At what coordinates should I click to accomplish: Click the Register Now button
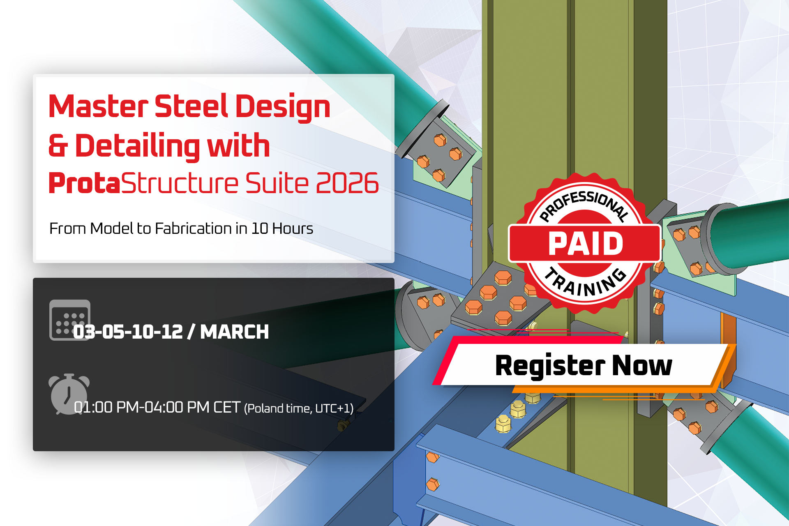click(x=584, y=365)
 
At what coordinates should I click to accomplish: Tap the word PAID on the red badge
click(x=586, y=244)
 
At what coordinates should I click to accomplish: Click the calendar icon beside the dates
click(x=70, y=320)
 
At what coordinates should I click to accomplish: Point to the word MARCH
click(x=234, y=332)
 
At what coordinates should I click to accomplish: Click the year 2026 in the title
click(x=347, y=183)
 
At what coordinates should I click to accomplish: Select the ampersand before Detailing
click(x=58, y=146)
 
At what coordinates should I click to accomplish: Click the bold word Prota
click(x=85, y=183)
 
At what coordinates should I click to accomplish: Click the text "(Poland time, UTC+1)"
click(x=299, y=408)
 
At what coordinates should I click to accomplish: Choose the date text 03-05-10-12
click(x=128, y=332)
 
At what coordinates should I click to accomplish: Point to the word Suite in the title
click(x=277, y=183)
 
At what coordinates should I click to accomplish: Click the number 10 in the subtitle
click(x=260, y=228)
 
